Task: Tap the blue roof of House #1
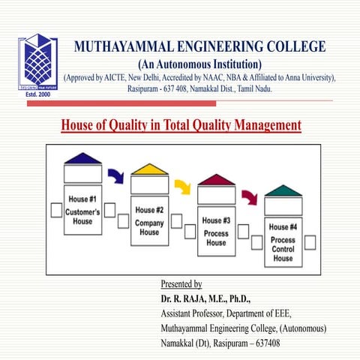pyautogui.click(x=82, y=158)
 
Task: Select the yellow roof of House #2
pyautogui.click(x=149, y=169)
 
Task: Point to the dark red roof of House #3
pyautogui.click(x=216, y=179)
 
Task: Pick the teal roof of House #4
pyautogui.click(x=283, y=190)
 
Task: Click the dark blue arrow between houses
pyautogui.click(x=115, y=176)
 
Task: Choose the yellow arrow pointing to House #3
pyautogui.click(x=182, y=186)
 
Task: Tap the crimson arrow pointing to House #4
pyautogui.click(x=249, y=197)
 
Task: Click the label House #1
pyautogui.click(x=82, y=199)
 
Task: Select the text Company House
pyautogui.click(x=149, y=227)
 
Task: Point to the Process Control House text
pyautogui.click(x=283, y=249)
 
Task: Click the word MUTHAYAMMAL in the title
pyautogui.click(x=129, y=47)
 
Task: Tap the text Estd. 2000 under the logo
pyautogui.click(x=37, y=95)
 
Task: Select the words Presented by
pyautogui.click(x=181, y=284)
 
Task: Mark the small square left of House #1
pyautogui.click(x=56, y=210)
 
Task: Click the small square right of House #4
pyautogui.click(x=310, y=241)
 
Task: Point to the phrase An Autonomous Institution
pyautogui.click(x=200, y=64)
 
